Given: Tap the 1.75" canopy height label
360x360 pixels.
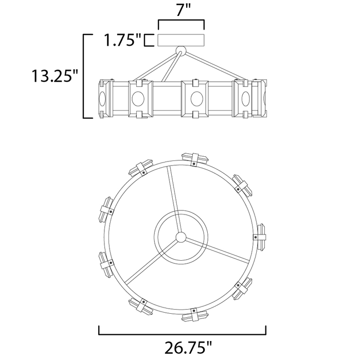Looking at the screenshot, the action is [x=123, y=40].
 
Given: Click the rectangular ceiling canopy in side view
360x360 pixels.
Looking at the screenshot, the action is [x=181, y=40].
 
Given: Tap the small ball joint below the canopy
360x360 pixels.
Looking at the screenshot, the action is [x=181, y=51].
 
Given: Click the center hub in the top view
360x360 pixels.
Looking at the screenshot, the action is [x=181, y=237].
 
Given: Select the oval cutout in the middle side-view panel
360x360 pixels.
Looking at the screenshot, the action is [x=197, y=99].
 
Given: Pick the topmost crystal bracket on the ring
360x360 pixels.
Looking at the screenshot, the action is [x=195, y=159].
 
